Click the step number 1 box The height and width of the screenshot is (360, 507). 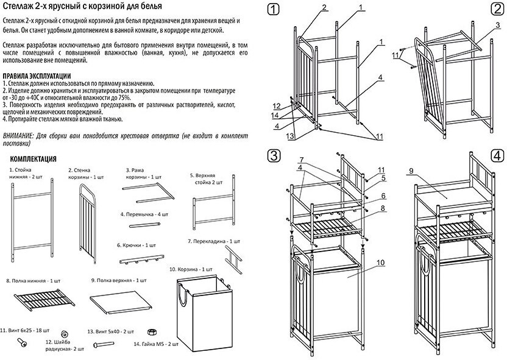point(274,10)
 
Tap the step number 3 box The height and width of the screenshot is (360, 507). point(274,155)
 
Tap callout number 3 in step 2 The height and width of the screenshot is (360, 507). point(497,25)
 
